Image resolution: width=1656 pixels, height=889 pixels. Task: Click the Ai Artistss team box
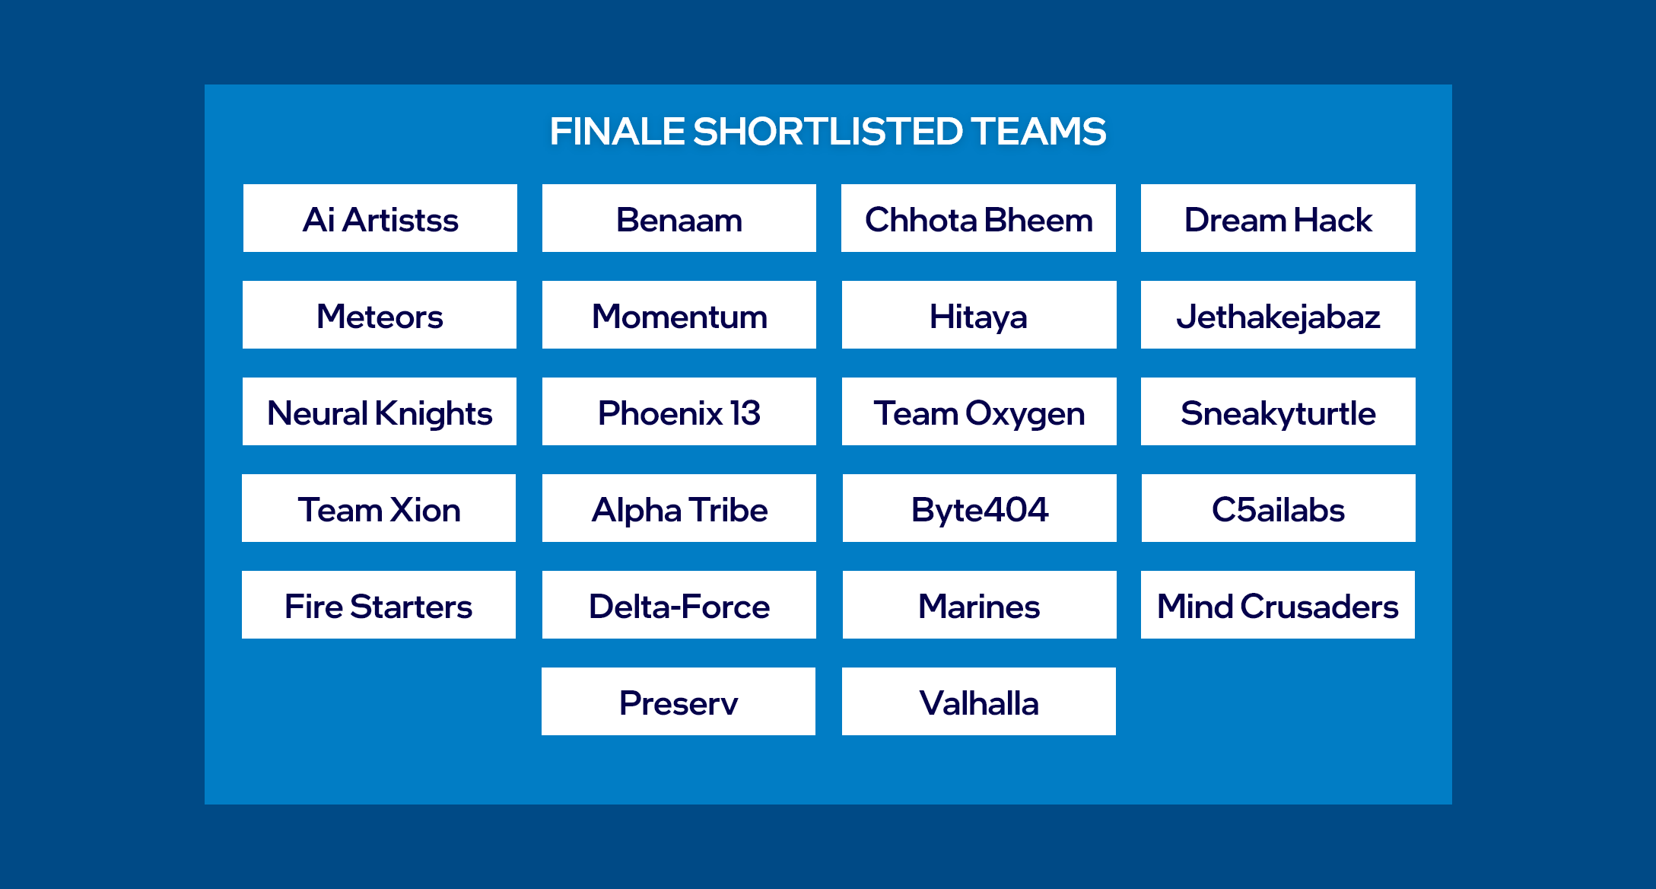[380, 218]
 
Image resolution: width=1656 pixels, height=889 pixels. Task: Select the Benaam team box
[679, 218]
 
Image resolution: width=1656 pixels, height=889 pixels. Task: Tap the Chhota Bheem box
[978, 218]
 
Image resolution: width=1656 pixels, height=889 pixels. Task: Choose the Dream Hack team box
[1278, 218]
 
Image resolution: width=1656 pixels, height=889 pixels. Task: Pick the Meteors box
[380, 315]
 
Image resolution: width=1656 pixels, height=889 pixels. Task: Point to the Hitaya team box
[979, 315]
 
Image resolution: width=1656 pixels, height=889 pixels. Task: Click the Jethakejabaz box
[1278, 315]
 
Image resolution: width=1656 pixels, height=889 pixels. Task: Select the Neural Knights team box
[380, 412]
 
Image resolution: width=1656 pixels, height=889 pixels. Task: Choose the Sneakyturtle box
[1278, 412]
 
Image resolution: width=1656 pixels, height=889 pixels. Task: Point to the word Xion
[426, 510]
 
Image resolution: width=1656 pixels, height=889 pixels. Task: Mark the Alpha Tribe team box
[679, 508]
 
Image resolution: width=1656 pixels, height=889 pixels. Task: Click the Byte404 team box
[980, 508]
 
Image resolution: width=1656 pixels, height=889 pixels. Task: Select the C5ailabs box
[1279, 508]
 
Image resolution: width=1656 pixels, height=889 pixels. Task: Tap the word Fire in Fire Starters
[313, 607]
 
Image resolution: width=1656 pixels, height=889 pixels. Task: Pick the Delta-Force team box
[679, 605]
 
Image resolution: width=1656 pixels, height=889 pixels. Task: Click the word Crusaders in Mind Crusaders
[1320, 607]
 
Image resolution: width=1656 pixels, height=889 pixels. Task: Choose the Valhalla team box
[979, 702]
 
